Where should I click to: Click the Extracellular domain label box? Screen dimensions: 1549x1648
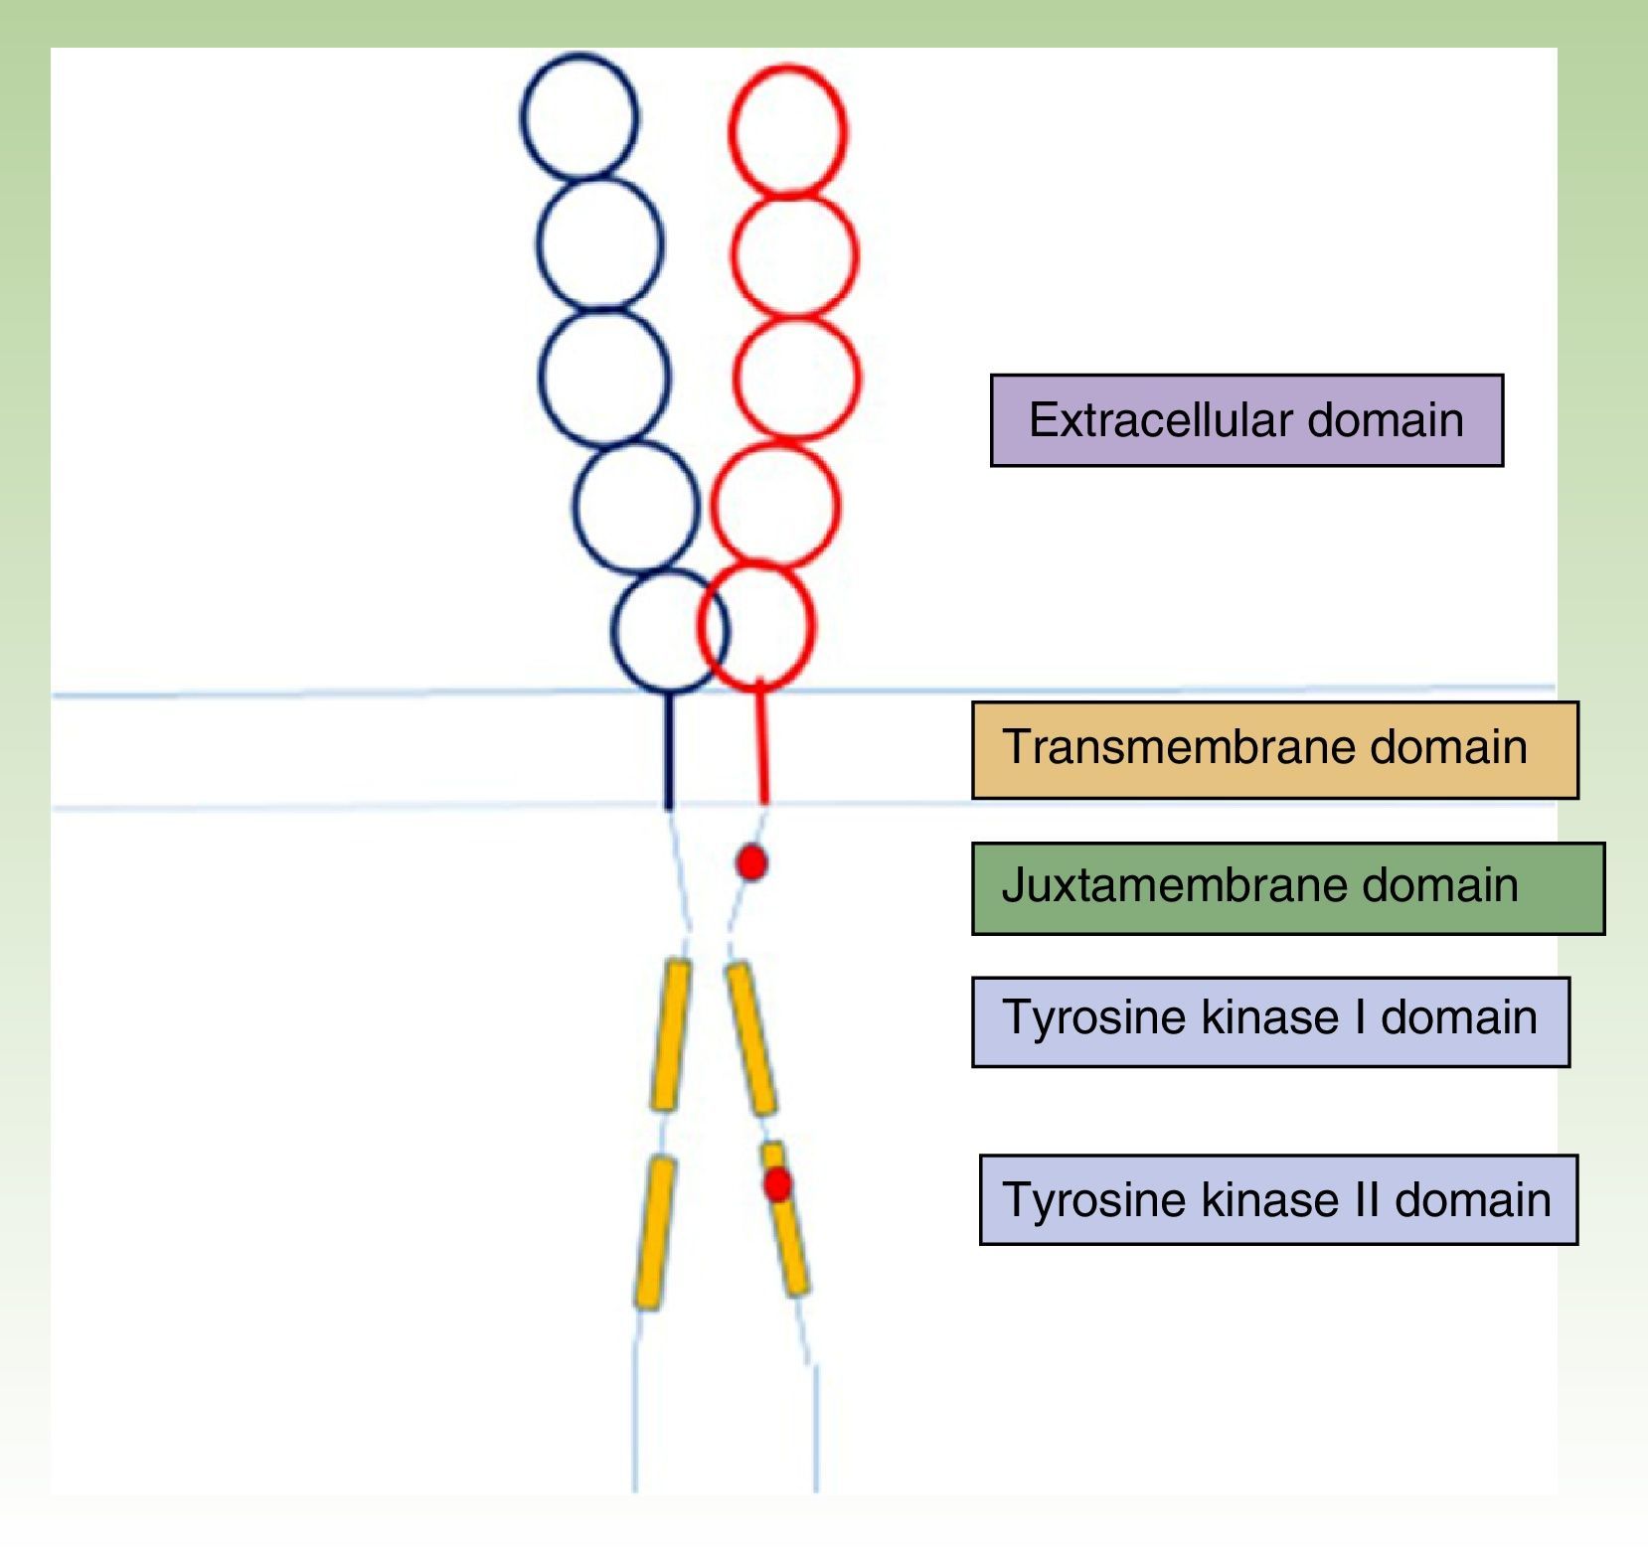tap(1246, 420)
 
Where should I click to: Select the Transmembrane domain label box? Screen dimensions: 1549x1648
tap(1274, 749)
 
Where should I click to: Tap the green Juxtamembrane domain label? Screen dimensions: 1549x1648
tap(1287, 887)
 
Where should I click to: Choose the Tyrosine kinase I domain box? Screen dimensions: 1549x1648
tap(1270, 1020)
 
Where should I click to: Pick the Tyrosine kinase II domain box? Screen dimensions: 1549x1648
tap(1278, 1199)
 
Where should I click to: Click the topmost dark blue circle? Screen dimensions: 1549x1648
tap(579, 116)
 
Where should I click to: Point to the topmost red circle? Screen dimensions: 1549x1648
tap(787, 129)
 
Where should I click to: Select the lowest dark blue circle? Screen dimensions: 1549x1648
tap(668, 630)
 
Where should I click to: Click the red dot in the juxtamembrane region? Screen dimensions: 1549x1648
tap(751, 861)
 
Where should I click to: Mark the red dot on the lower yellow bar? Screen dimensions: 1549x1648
tap(777, 1183)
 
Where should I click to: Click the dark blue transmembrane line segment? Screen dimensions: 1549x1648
tap(669, 751)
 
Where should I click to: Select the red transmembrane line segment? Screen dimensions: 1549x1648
tap(762, 745)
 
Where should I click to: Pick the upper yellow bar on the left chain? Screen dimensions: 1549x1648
tap(671, 1034)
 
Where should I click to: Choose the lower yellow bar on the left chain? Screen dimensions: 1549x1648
tap(654, 1232)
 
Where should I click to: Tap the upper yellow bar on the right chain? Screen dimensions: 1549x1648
tap(750, 1038)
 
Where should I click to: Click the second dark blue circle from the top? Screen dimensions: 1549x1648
tap(599, 243)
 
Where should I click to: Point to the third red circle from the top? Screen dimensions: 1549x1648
tap(796, 378)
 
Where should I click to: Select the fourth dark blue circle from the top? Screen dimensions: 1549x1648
tap(636, 508)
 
